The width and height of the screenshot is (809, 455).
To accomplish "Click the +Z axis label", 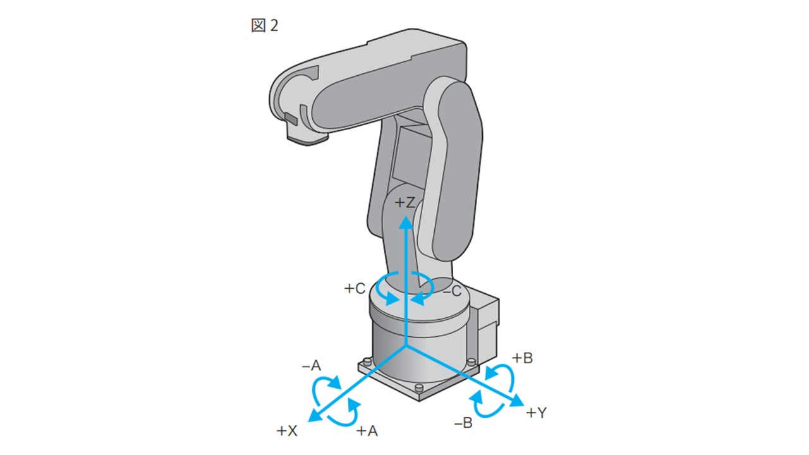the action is click(x=404, y=203).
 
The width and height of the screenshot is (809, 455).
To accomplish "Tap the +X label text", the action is click(x=287, y=431).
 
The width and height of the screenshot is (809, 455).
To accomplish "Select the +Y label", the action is click(x=537, y=413).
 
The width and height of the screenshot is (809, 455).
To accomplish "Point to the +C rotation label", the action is click(x=355, y=289).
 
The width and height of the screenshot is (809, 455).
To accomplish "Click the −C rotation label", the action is click(x=452, y=291).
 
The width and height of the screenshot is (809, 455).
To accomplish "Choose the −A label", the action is click(x=312, y=366).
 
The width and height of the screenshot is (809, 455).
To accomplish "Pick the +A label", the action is click(x=367, y=431).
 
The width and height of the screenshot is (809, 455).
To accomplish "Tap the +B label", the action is click(x=522, y=358).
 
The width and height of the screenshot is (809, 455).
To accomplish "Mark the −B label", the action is click(x=463, y=423).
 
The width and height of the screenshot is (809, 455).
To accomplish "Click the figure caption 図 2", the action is click(x=265, y=26).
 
